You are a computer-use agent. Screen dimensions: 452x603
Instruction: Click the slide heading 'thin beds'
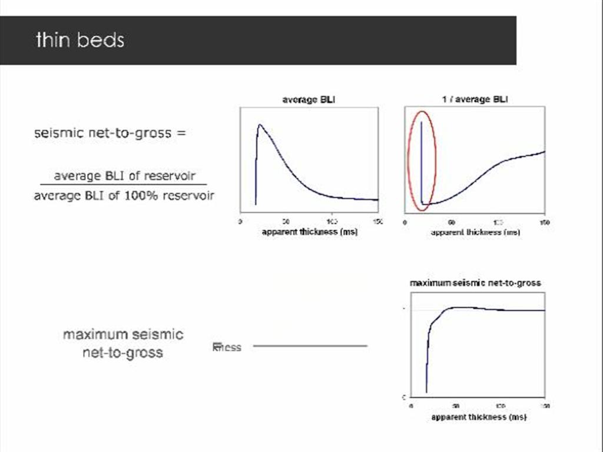(x=80, y=40)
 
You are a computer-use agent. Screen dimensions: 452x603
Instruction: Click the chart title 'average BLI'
(x=309, y=99)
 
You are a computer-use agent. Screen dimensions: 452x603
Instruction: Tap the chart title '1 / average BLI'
(x=475, y=99)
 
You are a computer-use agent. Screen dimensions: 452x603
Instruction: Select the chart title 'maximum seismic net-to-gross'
(x=475, y=283)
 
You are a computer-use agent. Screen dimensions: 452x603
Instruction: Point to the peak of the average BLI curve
(x=259, y=125)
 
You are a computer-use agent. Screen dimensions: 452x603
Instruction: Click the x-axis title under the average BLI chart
(x=309, y=232)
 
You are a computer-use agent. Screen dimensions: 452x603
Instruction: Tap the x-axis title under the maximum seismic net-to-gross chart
(x=478, y=417)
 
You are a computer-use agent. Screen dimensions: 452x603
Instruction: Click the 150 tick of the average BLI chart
(x=377, y=222)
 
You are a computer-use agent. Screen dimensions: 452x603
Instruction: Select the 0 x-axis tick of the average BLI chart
(x=240, y=222)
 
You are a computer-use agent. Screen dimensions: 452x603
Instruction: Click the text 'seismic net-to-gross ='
(x=110, y=133)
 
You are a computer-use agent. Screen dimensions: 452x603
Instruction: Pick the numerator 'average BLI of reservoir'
(x=124, y=176)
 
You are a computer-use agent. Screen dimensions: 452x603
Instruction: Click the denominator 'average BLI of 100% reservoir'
(x=124, y=195)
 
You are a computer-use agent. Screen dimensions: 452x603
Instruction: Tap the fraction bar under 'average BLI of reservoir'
(x=124, y=185)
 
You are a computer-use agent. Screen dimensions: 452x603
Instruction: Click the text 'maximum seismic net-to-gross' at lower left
(x=123, y=344)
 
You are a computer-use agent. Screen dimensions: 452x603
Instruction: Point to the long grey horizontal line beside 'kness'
(x=310, y=345)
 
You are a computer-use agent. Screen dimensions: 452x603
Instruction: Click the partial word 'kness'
(x=227, y=347)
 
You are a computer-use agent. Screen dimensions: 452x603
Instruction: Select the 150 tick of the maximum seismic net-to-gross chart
(x=545, y=407)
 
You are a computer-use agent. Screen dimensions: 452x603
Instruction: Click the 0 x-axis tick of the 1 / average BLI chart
(x=405, y=222)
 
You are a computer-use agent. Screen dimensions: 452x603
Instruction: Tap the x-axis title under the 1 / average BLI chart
(x=475, y=232)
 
